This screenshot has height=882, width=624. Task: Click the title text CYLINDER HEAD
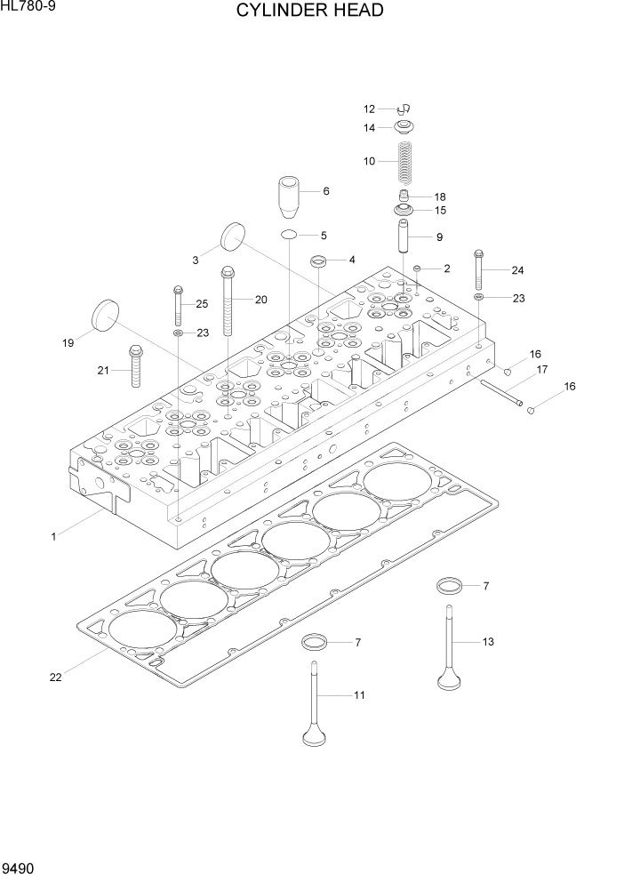pyautogui.click(x=310, y=11)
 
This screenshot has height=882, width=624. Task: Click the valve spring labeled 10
pyautogui.click(x=405, y=161)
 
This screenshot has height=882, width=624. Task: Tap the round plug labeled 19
pyautogui.click(x=105, y=317)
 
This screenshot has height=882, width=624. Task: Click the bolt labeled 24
pyautogui.click(x=480, y=267)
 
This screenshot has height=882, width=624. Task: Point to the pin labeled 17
pyautogui.click(x=501, y=391)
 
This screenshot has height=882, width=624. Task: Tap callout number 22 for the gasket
pyautogui.click(x=55, y=678)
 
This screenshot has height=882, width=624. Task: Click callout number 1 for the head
pyautogui.click(x=53, y=536)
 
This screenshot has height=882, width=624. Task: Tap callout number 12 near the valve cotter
pyautogui.click(x=370, y=109)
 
